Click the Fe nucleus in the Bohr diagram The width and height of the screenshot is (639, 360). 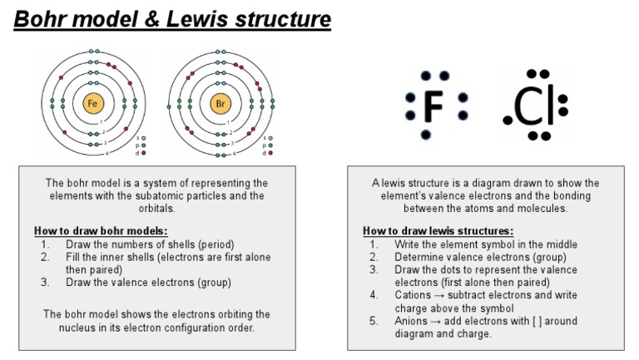(x=93, y=104)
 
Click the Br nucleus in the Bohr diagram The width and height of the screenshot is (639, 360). (x=220, y=104)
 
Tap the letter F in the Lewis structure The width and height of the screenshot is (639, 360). (x=433, y=105)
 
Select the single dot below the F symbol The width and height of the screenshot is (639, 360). (x=427, y=135)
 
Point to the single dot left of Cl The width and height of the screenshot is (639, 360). (x=508, y=121)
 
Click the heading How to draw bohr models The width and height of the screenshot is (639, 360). (x=101, y=230)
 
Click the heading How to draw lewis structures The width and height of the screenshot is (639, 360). (x=438, y=230)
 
